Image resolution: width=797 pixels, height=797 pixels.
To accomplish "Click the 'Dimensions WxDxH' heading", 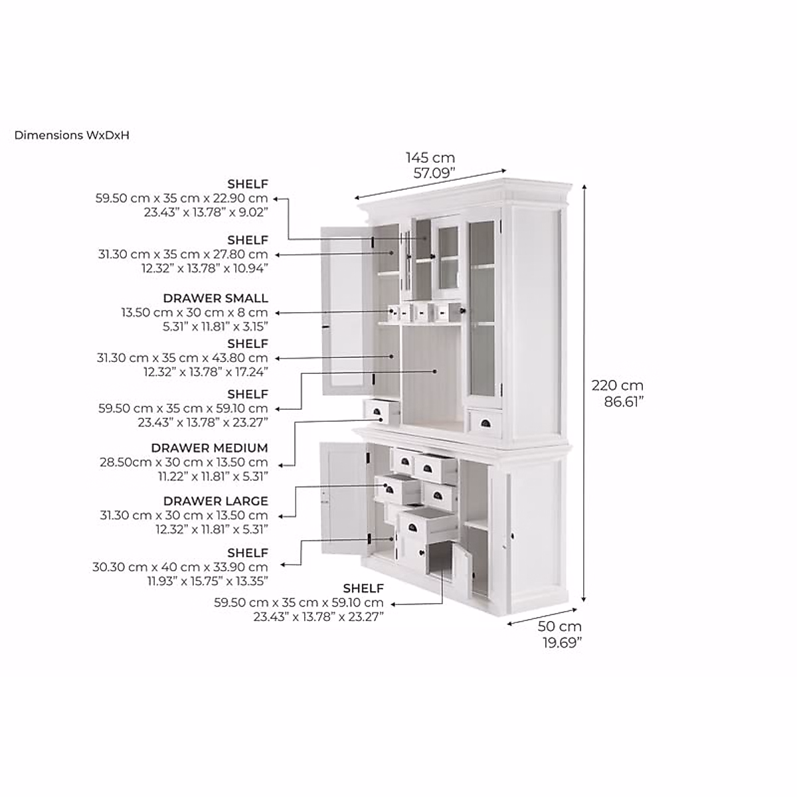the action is (72, 135).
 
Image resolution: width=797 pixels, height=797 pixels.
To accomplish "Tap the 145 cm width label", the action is (430, 158).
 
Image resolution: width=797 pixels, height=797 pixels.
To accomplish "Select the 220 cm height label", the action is (618, 385).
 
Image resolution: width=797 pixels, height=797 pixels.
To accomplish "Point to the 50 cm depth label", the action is (559, 626).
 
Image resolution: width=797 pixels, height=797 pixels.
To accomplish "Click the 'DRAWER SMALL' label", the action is (215, 298).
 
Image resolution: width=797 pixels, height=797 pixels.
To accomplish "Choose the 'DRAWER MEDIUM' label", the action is (209, 448).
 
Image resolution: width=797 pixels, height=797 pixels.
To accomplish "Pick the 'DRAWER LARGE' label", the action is (215, 501).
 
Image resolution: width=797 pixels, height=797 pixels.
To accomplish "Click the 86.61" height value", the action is (624, 401).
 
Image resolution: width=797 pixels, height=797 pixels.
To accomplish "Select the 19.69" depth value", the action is (562, 642).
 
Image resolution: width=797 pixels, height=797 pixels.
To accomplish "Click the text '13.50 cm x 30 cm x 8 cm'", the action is (194, 312).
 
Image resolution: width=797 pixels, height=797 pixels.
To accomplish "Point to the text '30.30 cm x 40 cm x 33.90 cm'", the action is (180, 567).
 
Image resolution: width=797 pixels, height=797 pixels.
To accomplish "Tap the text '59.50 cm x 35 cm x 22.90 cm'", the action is (183, 198).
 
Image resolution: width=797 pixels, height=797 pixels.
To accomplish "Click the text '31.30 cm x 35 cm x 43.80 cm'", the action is (183, 358).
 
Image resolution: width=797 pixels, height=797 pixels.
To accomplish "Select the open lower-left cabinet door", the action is (342, 498).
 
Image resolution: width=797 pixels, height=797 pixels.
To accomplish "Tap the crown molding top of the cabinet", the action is (465, 189).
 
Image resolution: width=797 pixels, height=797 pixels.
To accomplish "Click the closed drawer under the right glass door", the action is (484, 423).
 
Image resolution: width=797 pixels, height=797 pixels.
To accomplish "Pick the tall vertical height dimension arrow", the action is (584, 392).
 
